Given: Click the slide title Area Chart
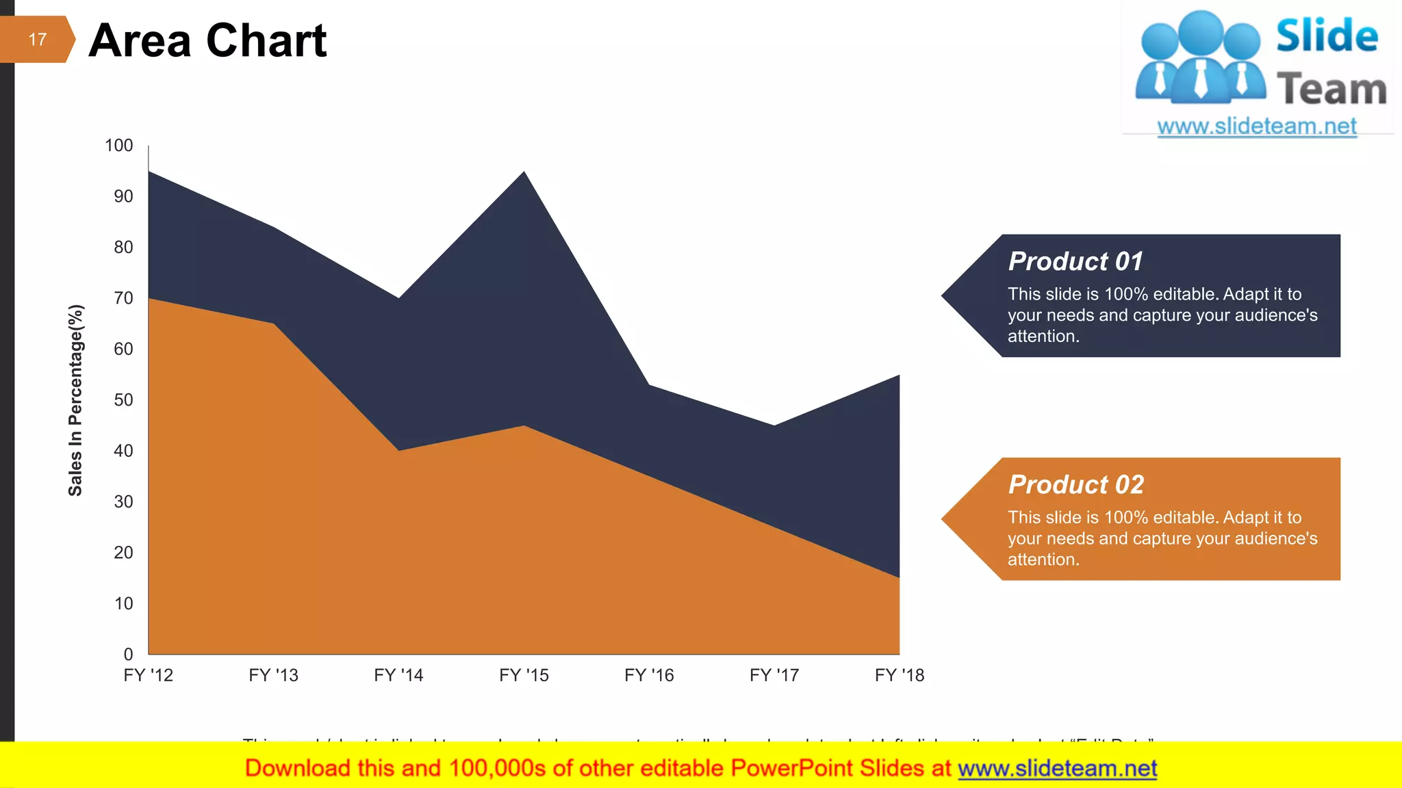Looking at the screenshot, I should pos(207,40).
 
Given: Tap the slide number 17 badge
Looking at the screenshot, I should pos(37,40).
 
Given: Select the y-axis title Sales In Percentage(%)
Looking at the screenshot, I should pos(75,400).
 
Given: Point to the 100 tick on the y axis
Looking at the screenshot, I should pos(118,146).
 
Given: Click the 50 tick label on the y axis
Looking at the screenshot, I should pos(123,400).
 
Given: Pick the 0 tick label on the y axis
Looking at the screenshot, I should pos(128,655).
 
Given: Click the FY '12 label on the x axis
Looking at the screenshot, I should pos(148,676).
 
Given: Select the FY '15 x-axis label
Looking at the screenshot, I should pos(524,676).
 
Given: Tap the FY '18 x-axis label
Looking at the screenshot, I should pos(899,676).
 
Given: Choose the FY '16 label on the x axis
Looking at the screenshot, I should pos(649,676).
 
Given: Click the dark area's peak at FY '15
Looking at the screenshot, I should pos(524,172).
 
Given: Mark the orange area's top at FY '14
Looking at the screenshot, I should pos(399,450).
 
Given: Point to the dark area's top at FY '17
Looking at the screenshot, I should pos(774,425).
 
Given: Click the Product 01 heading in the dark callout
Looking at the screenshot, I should pos(1075,261).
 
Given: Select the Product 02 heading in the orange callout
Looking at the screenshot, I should pos(1075,485).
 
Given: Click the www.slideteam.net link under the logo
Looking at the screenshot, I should pos(1256,127).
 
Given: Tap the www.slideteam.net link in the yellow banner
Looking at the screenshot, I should pos(1057,769).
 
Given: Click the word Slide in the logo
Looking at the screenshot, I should pos(1327,36).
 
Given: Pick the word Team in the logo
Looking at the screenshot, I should pos(1331,90).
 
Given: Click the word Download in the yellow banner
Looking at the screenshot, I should pos(288,769).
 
